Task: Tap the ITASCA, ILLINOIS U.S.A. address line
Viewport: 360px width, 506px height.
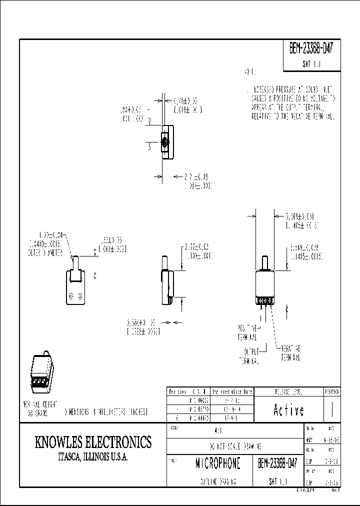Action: tap(93, 457)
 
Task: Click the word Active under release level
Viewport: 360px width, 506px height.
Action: tap(288, 410)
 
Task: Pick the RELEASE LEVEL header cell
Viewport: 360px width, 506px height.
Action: tap(288, 391)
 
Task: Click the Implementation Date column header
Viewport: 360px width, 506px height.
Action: tap(232, 391)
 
